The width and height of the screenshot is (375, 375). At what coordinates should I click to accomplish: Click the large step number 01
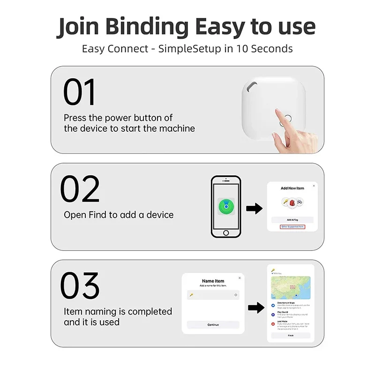80,92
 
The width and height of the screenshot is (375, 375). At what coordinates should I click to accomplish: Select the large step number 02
80,189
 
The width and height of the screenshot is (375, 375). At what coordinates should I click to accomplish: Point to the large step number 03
80,285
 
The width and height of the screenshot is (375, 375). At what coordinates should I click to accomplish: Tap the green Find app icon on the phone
225,206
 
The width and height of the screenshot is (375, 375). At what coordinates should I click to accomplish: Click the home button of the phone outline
226,232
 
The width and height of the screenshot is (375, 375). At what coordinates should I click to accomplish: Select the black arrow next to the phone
254,209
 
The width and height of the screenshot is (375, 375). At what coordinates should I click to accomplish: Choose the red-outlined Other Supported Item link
292,227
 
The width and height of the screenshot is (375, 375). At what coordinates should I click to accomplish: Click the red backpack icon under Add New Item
292,202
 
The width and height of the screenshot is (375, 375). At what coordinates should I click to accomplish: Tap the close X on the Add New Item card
314,186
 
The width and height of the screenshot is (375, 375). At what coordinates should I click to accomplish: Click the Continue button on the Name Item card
213,324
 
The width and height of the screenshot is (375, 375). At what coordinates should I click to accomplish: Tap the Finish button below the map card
291,336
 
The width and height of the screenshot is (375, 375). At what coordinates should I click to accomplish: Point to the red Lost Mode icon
273,323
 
